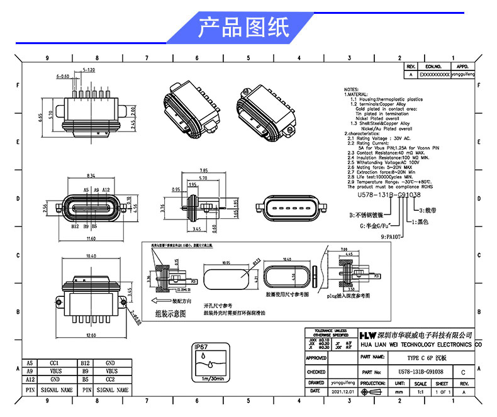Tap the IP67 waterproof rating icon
click(x=209, y=364)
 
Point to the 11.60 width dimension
click(x=92, y=239)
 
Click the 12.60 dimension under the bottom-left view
click(x=92, y=335)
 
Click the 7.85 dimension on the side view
click(x=203, y=170)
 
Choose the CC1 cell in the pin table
click(x=54, y=363)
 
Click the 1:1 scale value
click(x=420, y=391)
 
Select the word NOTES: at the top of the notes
click(x=352, y=89)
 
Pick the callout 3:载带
click(x=425, y=208)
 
